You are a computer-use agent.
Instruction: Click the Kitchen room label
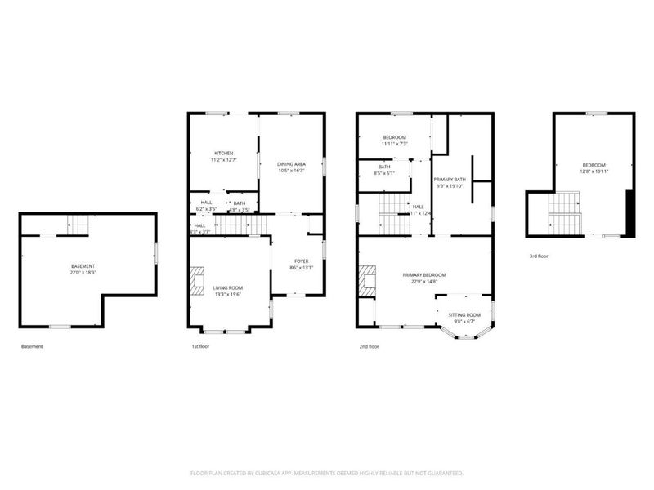pos(224,154)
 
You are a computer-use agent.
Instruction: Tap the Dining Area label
pos(292,164)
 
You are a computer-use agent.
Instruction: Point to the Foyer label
pos(302,261)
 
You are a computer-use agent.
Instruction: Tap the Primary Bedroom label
pos(424,275)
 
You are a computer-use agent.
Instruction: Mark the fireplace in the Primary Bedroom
pos(368,280)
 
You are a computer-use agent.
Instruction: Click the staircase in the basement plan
pos(78,223)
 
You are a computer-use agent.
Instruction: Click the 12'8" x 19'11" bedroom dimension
pos(594,171)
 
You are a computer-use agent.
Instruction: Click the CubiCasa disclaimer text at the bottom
pos(327,473)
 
